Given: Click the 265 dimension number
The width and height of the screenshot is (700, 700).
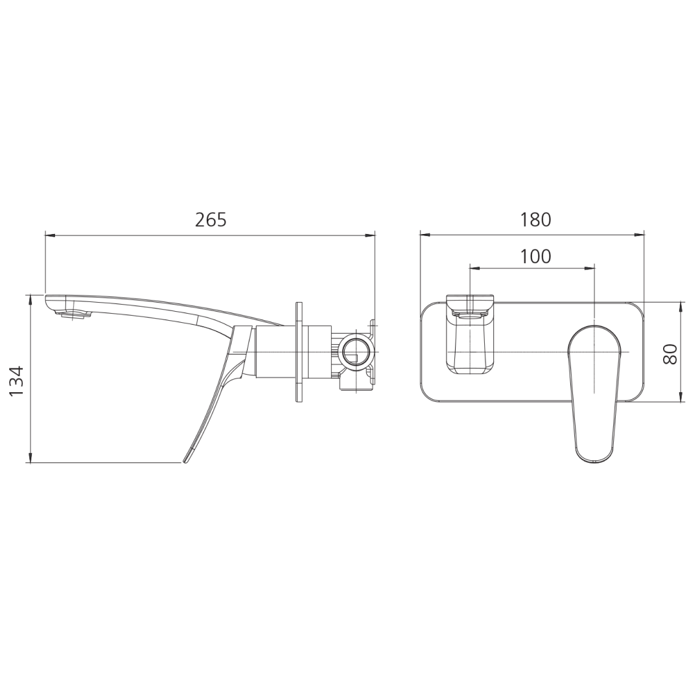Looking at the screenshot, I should coord(211,220).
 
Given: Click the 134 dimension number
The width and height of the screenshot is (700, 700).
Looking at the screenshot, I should coord(16,380).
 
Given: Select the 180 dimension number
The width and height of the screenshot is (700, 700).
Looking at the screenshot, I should coord(535,220).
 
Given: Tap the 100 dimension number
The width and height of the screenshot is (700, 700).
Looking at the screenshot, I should coord(535,257).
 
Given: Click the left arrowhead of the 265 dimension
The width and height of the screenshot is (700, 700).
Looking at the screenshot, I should coord(49,235).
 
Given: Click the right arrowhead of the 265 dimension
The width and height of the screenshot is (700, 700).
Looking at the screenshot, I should coord(371,235).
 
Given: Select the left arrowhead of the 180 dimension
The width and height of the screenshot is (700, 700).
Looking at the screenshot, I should coord(425,235).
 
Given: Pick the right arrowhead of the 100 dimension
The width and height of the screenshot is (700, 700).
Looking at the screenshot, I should coord(590,267).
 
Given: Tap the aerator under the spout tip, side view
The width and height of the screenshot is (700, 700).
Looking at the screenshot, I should coord(75,315).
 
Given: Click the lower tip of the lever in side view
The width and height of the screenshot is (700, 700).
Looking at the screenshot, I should coord(187,459).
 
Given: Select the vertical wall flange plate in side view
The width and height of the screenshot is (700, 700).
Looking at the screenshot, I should coord(299,353).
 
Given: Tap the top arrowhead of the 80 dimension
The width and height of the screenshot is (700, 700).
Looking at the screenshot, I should coord(681,307).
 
